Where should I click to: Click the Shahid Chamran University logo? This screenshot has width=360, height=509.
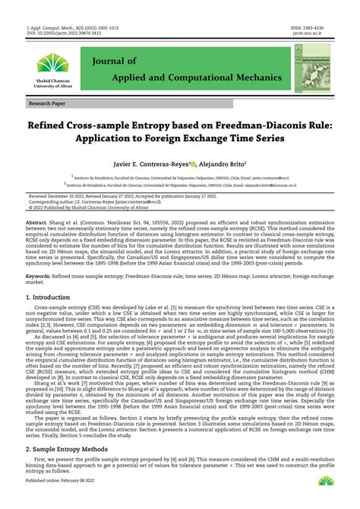click(51, 65)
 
